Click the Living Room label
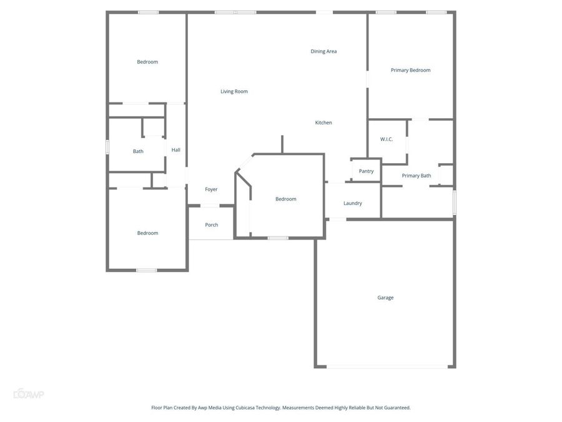[x=234, y=91]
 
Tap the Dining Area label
[x=323, y=51]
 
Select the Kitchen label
[x=323, y=123]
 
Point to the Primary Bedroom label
[x=410, y=70]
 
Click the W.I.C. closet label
[x=387, y=139]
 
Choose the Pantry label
[x=366, y=171]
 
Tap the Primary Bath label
[x=417, y=176]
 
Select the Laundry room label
[x=353, y=203]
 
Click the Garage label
[x=385, y=298]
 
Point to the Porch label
[x=212, y=225]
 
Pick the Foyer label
[x=211, y=189]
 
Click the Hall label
[x=176, y=150]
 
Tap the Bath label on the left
[x=138, y=151]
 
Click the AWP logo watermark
[x=29, y=394]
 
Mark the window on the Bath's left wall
[x=107, y=147]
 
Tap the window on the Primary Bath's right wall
[x=454, y=203]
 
